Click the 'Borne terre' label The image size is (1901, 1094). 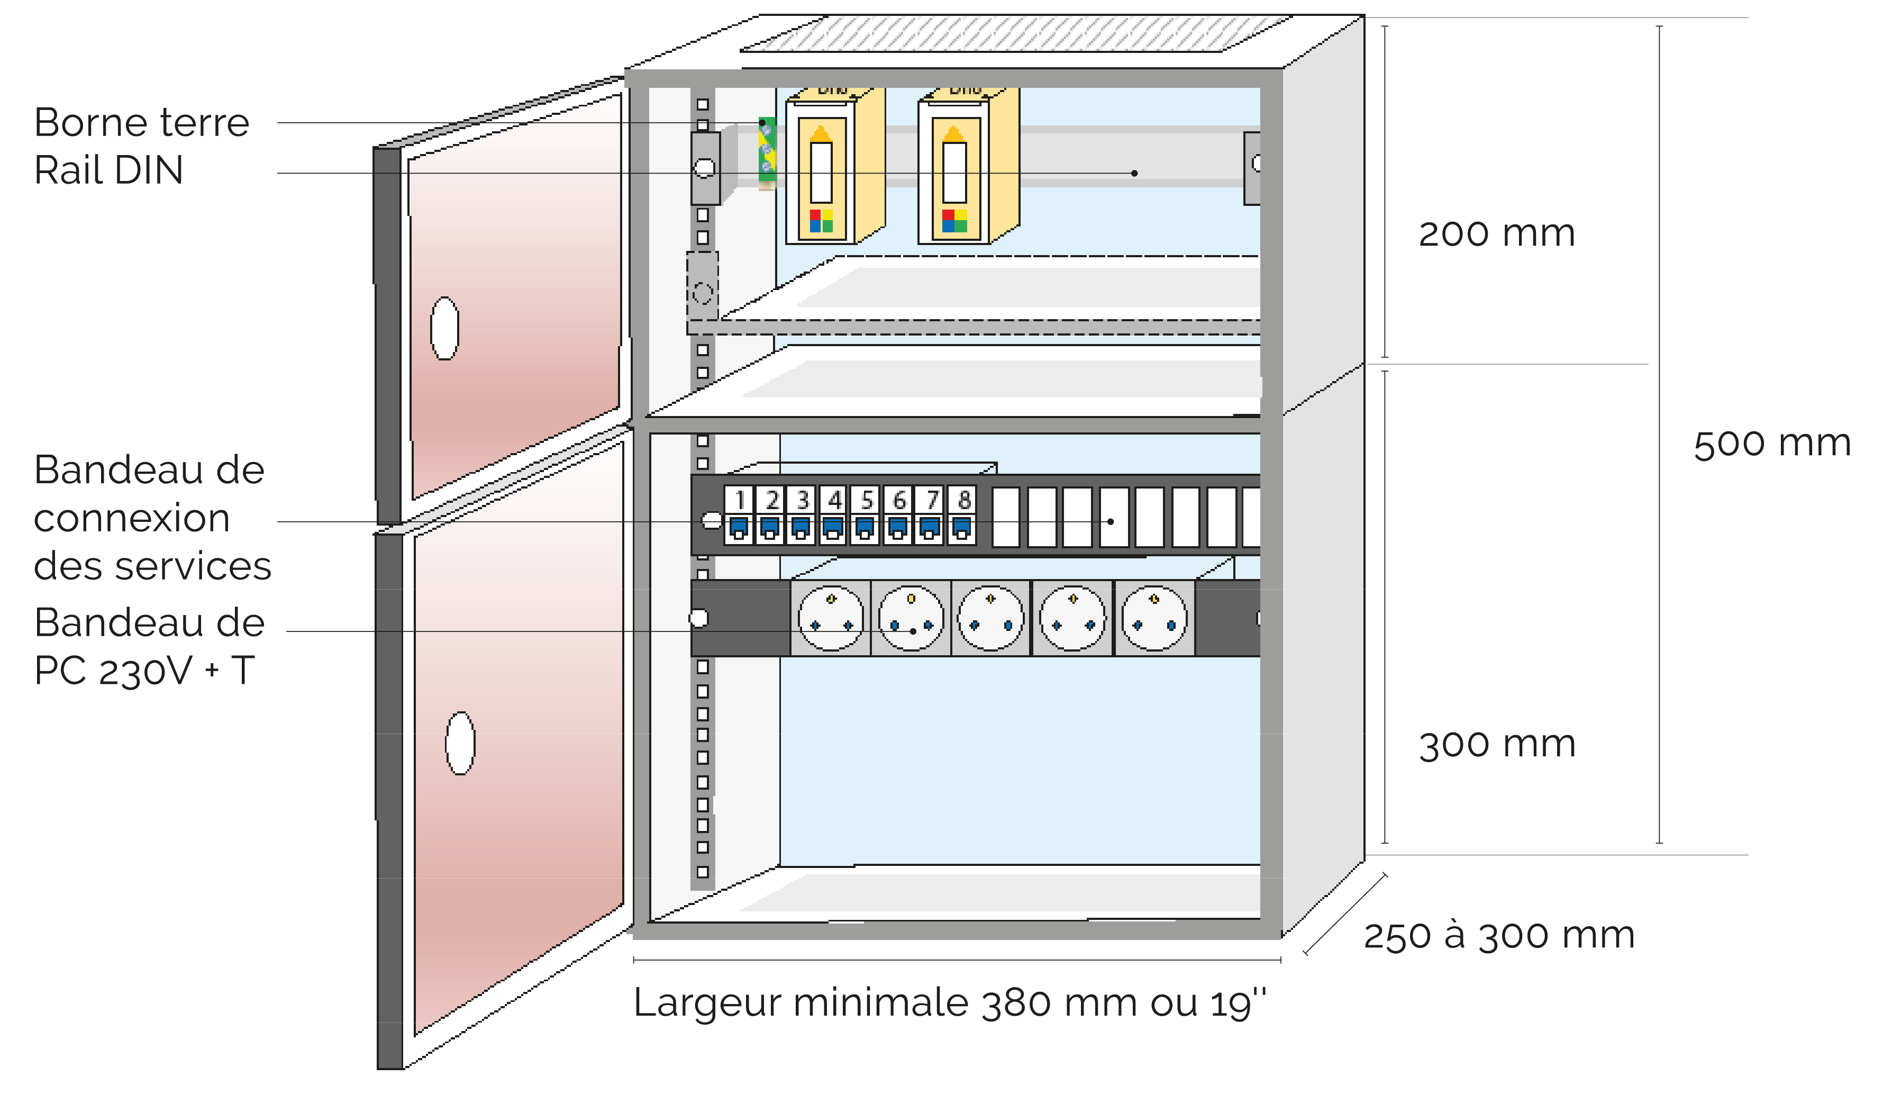tap(141, 122)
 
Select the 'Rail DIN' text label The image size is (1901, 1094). tap(109, 170)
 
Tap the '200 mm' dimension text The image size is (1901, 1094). tap(1496, 234)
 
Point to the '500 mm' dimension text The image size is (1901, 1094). tap(1772, 444)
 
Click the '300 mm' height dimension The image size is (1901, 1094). tap(1497, 745)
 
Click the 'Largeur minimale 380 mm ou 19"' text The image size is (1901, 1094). tap(949, 1003)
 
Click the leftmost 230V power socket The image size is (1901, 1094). tap(831, 618)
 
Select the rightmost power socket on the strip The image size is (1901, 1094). tap(1154, 618)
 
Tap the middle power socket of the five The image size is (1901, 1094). tap(992, 618)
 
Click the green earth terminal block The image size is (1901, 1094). tap(766, 150)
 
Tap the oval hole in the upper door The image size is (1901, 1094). tap(444, 328)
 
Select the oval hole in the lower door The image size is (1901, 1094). tap(460, 743)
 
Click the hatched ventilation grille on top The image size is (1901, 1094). tap(1014, 34)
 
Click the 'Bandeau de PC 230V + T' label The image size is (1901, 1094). tap(149, 647)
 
